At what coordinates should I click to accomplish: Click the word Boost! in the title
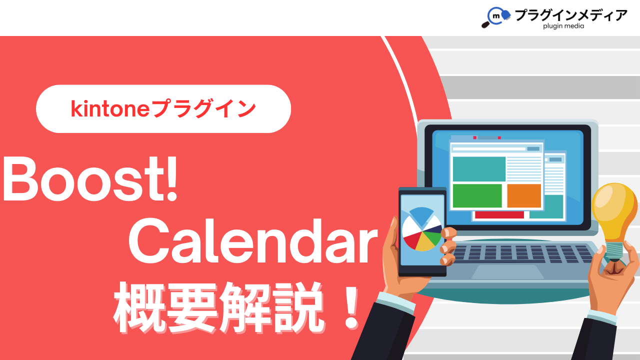90,179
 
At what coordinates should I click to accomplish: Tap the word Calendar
253,241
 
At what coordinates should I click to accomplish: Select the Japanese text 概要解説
219,307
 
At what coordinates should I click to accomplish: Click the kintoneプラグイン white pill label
163,109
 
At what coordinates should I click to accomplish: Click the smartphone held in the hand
422,231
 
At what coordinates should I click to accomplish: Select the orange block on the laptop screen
524,195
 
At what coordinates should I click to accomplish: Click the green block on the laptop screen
477,195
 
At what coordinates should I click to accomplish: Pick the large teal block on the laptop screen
479,169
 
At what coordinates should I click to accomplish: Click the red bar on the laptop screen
499,215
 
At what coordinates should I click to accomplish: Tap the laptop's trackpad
507,271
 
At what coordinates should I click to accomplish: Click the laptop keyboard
521,254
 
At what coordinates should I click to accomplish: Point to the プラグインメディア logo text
571,15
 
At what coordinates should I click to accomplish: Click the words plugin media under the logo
563,26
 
